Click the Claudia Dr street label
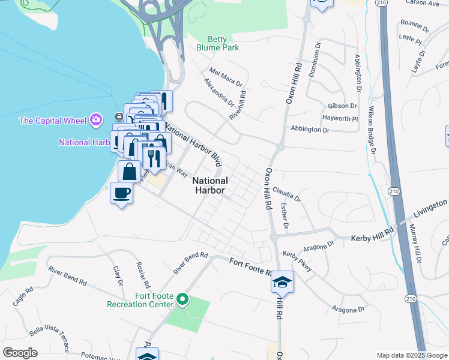coord(286,194)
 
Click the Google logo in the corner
coord(20,353)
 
